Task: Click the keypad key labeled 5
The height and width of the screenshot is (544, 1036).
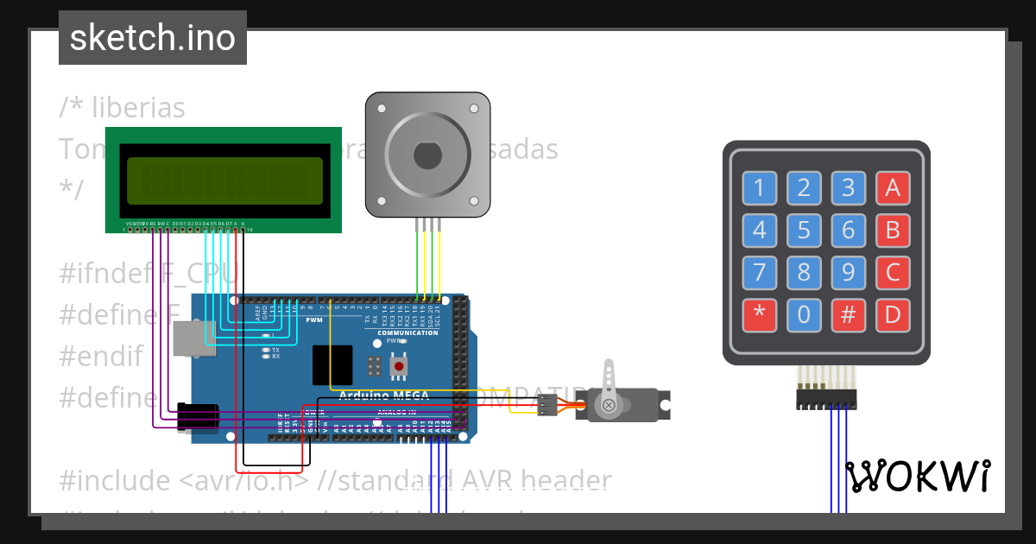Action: coord(804,231)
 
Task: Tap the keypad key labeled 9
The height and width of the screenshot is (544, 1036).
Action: coord(849,273)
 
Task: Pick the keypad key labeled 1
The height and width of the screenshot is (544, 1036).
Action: coord(759,187)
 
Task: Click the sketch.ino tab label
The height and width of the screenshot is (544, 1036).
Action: coord(153,38)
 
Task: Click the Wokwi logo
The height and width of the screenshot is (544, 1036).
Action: coord(917,476)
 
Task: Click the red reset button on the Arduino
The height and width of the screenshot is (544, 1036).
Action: coord(398,368)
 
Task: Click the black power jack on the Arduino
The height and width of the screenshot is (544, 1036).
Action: coord(197,417)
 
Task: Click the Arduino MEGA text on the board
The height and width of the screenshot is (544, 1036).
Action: coord(376,395)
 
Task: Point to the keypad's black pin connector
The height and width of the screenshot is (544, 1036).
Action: coord(825,399)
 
